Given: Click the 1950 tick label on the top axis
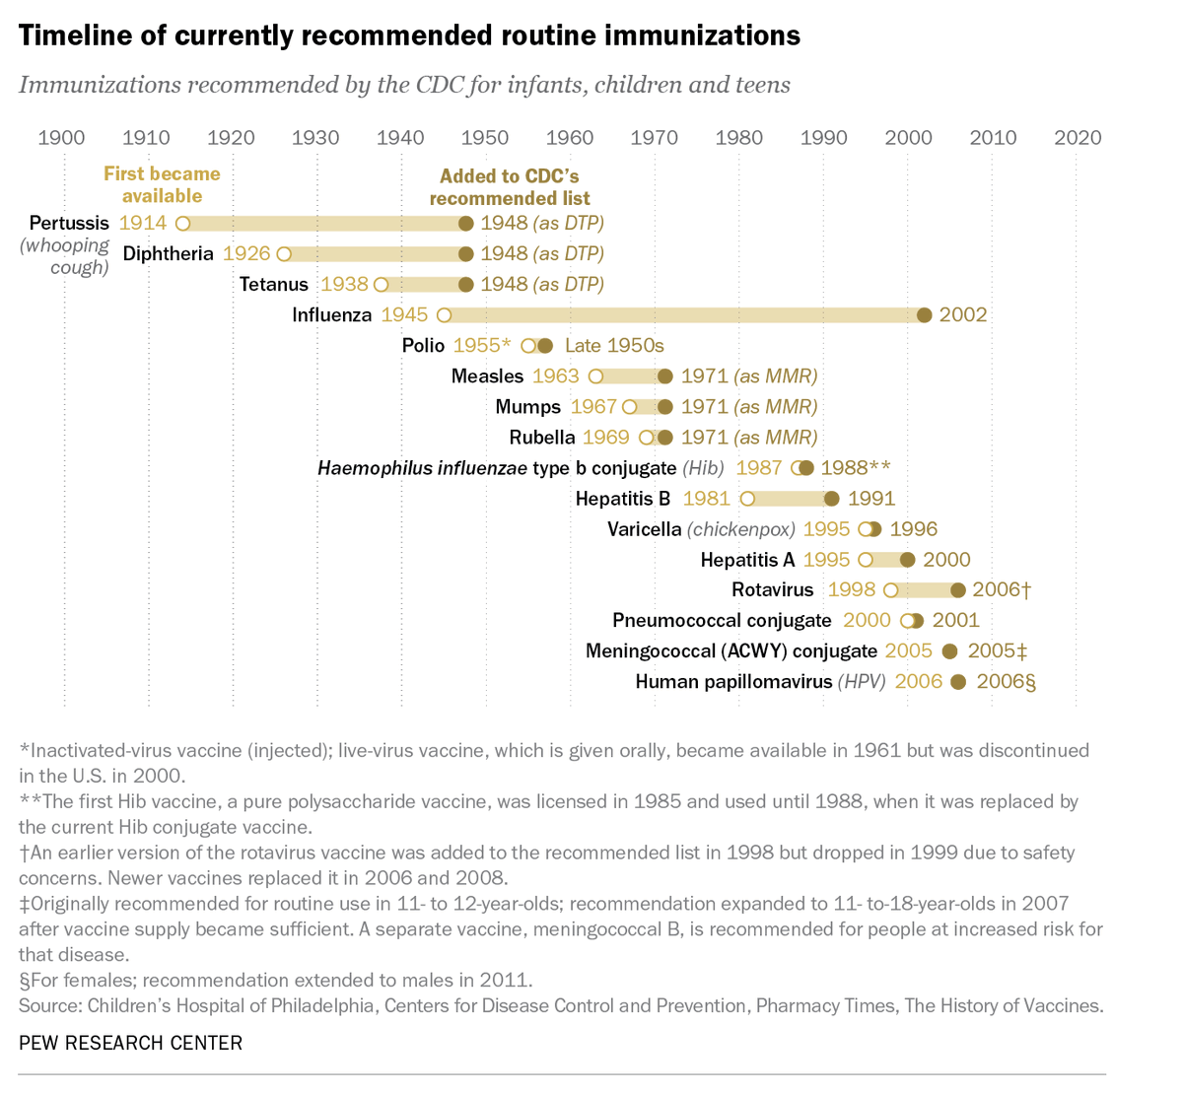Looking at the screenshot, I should (485, 137).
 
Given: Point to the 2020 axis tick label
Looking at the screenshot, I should (1078, 137).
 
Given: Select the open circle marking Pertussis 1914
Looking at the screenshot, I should (182, 224).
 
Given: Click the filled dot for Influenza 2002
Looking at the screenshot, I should (924, 315).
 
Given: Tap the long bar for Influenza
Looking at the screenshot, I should (680, 315).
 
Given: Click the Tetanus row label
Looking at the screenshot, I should (274, 285).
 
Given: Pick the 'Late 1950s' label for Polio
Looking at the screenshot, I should (614, 346).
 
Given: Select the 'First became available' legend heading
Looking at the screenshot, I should (162, 184).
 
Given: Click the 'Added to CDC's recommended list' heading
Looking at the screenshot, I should (510, 187).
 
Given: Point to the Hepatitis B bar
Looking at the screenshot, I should (789, 499).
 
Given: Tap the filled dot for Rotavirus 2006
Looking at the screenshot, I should (957, 590).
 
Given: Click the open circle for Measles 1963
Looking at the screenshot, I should (595, 376).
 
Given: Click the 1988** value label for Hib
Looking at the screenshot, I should (855, 468).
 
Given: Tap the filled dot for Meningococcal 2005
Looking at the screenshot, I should (949, 651).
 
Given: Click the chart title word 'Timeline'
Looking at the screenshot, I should (75, 35).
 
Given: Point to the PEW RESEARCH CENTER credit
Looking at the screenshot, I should (130, 1043).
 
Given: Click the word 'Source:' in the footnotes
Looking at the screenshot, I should (50, 1006).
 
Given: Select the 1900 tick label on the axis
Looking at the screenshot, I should (61, 137).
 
